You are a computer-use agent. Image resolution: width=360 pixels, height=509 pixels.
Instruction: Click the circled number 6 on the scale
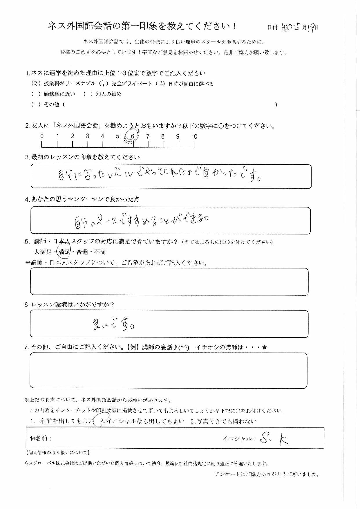coord(133,136)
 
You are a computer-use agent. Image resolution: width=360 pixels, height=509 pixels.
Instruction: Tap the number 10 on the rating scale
coord(194,136)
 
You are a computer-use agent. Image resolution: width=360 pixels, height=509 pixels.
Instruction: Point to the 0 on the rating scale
coord(42,136)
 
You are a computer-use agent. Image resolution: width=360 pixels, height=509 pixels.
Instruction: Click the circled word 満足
coord(64,252)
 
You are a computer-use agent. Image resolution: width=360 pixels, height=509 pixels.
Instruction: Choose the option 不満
coord(100,252)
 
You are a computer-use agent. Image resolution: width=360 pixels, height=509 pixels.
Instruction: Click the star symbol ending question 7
coord(264,347)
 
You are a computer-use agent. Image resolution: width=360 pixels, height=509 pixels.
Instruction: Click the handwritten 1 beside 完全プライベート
coord(104,84)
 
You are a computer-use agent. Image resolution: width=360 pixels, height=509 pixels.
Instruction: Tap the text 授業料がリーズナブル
coord(69,84)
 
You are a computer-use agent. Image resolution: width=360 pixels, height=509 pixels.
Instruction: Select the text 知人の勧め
coord(108,94)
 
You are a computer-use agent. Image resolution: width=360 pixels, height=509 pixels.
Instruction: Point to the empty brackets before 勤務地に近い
coord(36,94)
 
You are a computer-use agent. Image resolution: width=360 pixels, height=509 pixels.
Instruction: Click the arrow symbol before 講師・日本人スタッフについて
coord(28,263)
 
